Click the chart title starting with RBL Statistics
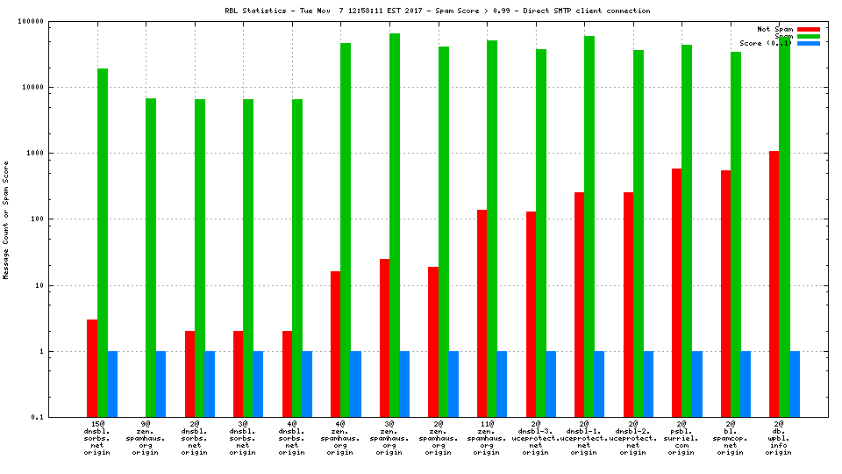(438, 11)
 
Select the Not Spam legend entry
(774, 29)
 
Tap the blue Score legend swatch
(809, 43)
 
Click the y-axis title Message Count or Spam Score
(6, 219)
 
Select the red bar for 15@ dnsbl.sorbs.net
(92, 369)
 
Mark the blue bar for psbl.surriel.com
(696, 384)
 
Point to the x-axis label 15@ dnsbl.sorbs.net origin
(97, 438)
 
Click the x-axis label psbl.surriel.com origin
(681, 438)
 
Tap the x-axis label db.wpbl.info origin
(779, 438)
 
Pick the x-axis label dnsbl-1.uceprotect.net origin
(584, 438)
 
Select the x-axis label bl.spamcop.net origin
(731, 438)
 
